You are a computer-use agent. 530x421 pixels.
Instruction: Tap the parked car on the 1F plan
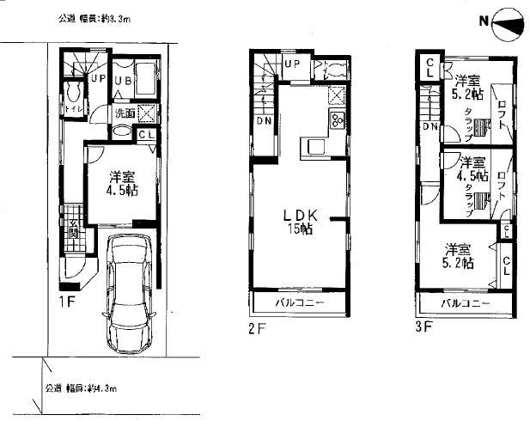(x=131, y=295)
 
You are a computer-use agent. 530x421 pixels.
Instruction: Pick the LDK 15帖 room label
(x=299, y=223)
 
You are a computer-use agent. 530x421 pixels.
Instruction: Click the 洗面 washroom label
(x=125, y=113)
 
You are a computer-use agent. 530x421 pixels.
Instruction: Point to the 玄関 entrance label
(x=74, y=229)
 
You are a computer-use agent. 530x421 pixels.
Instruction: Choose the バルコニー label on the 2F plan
(x=299, y=304)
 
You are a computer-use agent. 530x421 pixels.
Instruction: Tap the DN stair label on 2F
(x=264, y=120)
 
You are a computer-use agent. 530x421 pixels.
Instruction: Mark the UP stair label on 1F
(x=98, y=79)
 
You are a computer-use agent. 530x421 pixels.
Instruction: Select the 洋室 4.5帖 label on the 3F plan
(x=472, y=169)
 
